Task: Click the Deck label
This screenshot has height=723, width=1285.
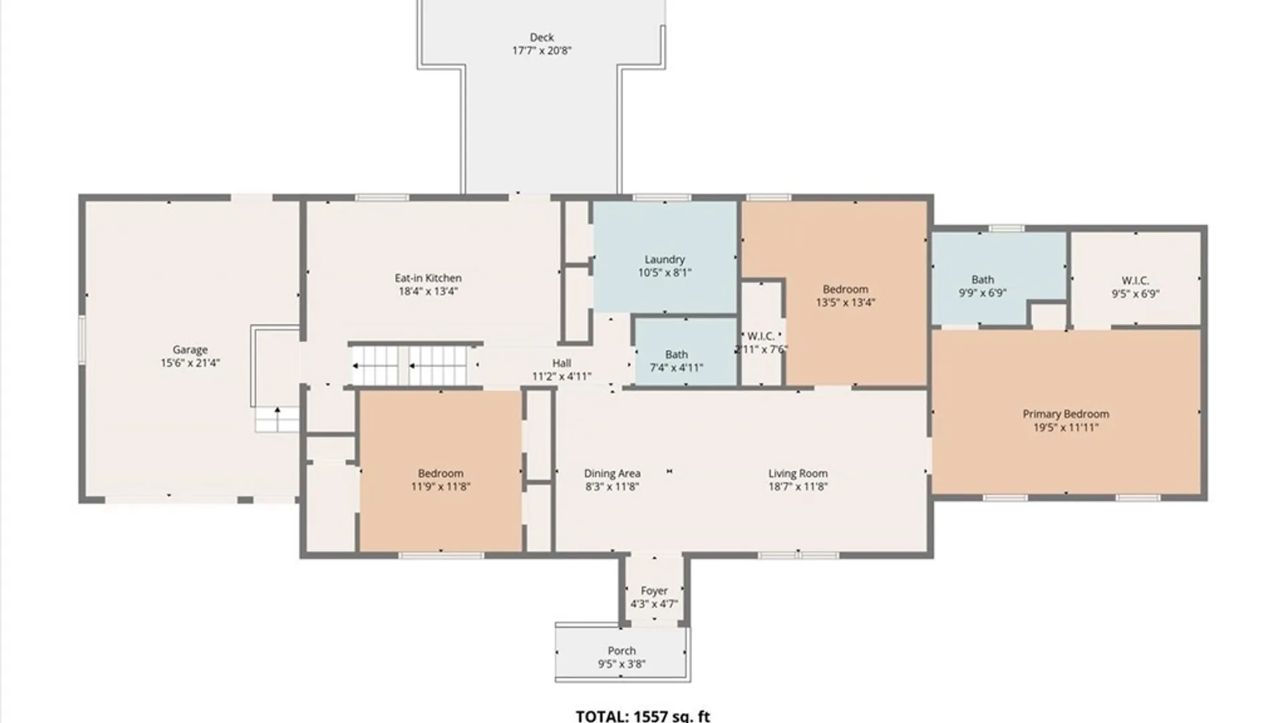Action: point(541,37)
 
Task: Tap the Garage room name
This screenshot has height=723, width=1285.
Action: point(190,349)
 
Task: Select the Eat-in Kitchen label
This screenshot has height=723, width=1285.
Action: point(428,278)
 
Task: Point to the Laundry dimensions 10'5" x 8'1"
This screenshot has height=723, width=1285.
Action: point(665,272)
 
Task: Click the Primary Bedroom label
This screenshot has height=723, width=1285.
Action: point(1065,414)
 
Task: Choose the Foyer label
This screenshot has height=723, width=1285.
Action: point(654,591)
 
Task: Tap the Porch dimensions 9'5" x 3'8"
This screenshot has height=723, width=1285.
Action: point(622,664)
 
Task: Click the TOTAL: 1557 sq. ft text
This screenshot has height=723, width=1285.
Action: point(642,716)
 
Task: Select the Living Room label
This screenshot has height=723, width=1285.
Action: point(798,473)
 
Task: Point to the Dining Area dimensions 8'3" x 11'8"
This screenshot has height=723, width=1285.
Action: point(612,487)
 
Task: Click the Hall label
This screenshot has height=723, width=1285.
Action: point(562,363)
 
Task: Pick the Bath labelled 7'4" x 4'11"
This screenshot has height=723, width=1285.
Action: point(676,354)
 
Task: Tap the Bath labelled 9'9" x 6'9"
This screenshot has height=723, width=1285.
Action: point(982,279)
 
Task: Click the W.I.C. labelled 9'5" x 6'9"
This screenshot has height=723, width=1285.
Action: point(1135,280)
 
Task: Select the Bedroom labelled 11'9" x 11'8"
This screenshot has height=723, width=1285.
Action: point(440,473)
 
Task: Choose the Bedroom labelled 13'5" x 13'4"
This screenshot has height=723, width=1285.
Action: point(845,289)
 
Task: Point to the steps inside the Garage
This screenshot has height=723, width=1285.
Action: point(276,418)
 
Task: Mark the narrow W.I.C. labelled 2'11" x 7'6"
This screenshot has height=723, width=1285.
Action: point(761,336)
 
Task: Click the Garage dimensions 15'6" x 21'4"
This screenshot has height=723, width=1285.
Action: point(190,363)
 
